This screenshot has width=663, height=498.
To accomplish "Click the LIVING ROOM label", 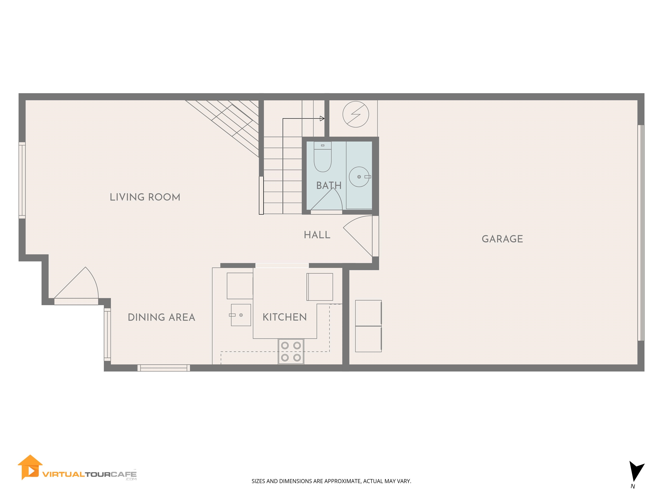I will tap(145, 197).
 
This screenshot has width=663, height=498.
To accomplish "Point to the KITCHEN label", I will tap(284, 317).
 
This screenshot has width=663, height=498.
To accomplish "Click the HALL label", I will tap(317, 235).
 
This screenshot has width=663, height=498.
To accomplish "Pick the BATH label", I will tap(329, 185).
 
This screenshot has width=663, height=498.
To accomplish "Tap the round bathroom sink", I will tap(359, 177).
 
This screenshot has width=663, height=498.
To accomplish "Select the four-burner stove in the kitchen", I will tap(291, 351).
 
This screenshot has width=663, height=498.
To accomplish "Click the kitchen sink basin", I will tap(241, 315).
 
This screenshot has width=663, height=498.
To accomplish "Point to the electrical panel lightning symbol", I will tap(355, 114).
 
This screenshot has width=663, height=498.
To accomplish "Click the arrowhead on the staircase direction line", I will tap(322, 119).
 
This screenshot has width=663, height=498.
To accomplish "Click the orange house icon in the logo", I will tap(30, 467).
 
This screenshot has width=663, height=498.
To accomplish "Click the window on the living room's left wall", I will tap(22, 180).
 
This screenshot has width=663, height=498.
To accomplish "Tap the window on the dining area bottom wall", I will tap(164, 368).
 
